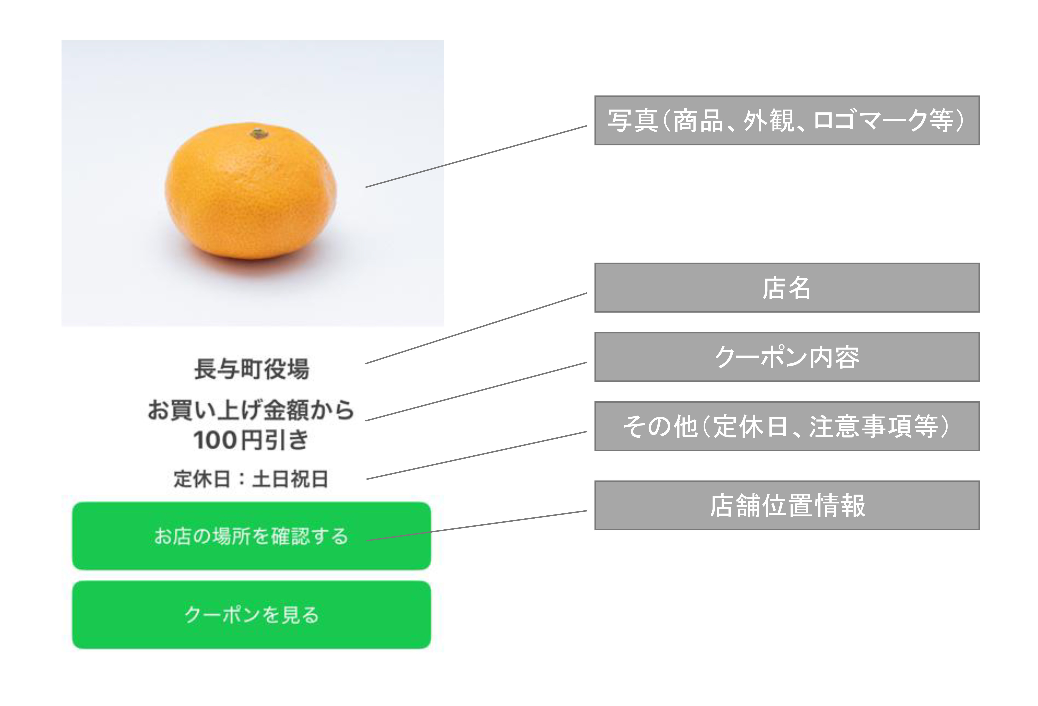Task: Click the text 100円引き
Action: [x=251, y=440]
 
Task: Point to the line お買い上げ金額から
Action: [x=251, y=410]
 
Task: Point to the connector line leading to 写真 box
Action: [x=476, y=156]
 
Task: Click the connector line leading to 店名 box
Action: [x=476, y=328]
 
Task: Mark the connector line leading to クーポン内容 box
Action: [x=476, y=391]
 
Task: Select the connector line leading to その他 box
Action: [x=476, y=456]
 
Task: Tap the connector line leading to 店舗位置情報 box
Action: [x=476, y=526]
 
